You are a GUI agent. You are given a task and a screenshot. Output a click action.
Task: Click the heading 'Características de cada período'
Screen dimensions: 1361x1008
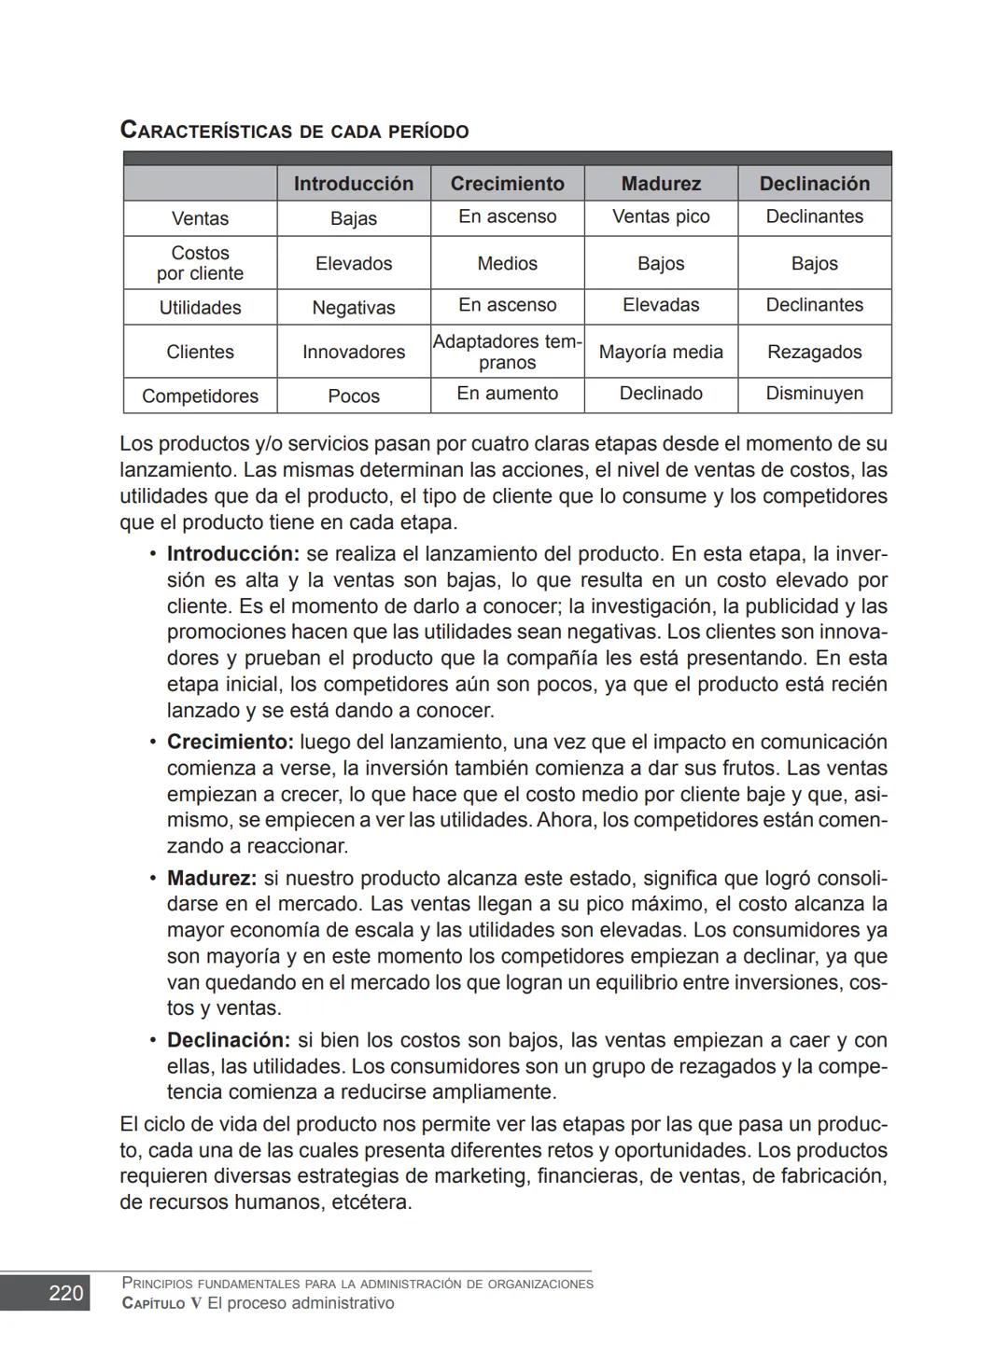point(294,131)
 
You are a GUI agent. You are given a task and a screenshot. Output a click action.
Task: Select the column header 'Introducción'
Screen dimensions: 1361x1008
point(353,184)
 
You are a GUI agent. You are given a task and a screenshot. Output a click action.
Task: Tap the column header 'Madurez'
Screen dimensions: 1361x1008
point(661,184)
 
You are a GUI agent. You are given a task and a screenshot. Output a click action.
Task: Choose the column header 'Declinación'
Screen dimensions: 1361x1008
point(814,184)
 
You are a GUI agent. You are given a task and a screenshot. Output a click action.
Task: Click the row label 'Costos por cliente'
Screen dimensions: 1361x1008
point(200,263)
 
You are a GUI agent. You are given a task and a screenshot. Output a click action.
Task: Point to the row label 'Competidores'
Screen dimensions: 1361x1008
point(200,396)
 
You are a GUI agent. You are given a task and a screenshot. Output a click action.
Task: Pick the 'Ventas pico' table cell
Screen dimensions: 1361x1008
point(661,216)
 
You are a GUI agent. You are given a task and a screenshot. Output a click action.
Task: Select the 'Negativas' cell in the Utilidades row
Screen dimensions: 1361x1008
point(353,308)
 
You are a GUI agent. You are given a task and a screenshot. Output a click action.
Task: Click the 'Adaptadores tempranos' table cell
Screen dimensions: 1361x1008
point(507,352)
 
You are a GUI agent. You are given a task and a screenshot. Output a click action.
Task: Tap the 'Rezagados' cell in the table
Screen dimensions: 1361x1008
point(814,352)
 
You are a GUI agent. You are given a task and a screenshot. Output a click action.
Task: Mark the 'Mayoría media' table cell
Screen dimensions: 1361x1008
point(661,352)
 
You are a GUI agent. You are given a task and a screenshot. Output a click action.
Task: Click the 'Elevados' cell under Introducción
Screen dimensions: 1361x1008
point(353,264)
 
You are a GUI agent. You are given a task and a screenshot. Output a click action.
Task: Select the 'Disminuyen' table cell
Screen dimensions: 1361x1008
point(814,394)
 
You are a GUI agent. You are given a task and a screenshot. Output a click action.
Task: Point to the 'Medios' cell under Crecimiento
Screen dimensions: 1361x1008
point(507,264)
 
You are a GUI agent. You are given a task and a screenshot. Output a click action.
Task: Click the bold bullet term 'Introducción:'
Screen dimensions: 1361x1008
point(232,554)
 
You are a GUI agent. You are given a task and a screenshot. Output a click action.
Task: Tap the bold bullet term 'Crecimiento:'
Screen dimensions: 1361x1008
point(230,743)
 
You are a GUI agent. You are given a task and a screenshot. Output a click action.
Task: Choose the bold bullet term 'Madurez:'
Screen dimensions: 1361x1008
point(211,879)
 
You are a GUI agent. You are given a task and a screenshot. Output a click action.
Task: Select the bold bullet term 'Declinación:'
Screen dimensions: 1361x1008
point(228,1040)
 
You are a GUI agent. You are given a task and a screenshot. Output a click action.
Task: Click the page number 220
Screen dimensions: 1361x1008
point(65,1293)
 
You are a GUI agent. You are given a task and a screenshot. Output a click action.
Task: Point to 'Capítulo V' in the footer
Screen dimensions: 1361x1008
point(161,1303)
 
